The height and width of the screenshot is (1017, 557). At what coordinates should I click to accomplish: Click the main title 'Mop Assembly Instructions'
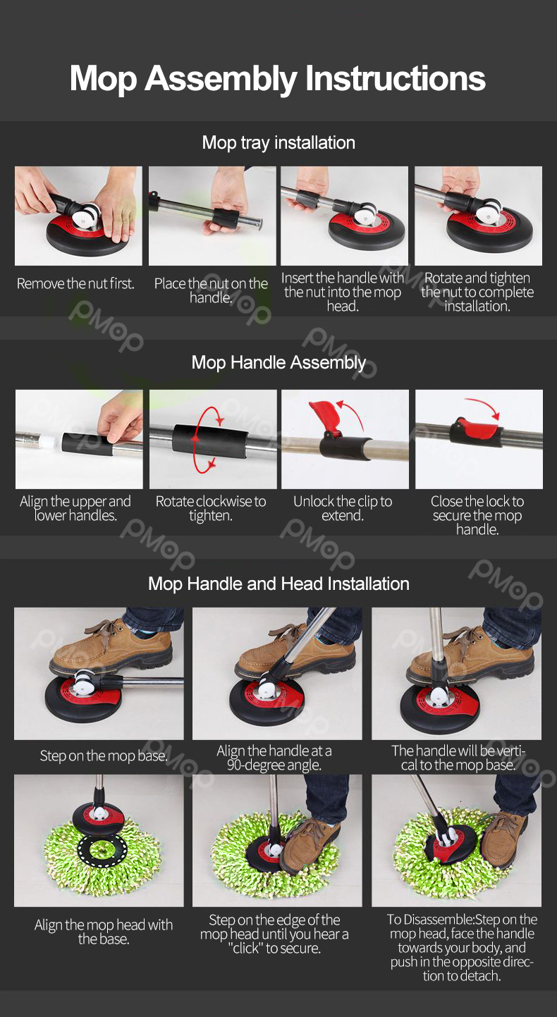coord(278,79)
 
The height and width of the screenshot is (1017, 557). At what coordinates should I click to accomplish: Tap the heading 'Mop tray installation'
coord(278,142)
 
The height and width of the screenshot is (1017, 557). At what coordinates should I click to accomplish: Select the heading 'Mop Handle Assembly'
coord(278,362)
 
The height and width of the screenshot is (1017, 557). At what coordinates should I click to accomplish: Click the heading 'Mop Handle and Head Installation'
coord(278,584)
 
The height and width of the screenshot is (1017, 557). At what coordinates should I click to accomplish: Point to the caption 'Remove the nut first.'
coord(75,284)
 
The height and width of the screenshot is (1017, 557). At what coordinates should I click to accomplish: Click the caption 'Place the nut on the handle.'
coord(211,290)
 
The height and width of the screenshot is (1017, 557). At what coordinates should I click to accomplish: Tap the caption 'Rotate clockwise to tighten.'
coord(211,508)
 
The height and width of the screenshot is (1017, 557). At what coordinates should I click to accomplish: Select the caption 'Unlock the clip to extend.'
coord(343,508)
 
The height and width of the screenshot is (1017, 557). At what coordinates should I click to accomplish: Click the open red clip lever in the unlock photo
coord(326,417)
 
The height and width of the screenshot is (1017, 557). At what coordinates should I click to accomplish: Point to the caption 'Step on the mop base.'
coord(103,756)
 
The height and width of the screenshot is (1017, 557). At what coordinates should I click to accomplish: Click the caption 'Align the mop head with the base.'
coord(103,932)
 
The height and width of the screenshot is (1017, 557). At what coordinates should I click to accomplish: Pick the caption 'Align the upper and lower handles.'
coord(75,508)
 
